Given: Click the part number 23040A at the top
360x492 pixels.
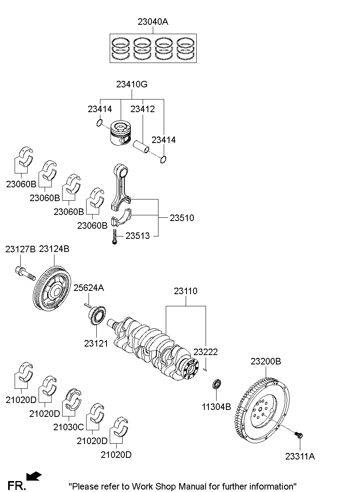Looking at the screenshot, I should click(x=152, y=22).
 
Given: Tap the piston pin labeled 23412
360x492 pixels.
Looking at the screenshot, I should click(x=142, y=147).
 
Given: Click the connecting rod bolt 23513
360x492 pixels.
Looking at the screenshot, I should click(x=115, y=237).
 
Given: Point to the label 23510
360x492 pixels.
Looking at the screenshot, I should click(x=182, y=218).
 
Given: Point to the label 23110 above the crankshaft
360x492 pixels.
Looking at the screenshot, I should click(x=186, y=291).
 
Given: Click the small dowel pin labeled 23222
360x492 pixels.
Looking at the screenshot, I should click(x=206, y=369).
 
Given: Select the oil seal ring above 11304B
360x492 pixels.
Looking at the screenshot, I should click(x=217, y=384).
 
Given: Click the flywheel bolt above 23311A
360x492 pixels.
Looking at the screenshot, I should click(x=299, y=435).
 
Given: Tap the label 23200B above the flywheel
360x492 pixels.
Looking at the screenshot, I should click(x=265, y=361).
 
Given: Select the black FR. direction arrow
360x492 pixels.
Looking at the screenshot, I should click(x=34, y=476).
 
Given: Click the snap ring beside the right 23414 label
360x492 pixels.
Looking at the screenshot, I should click(x=163, y=160).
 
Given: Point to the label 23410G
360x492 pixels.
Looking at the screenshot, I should click(x=132, y=85).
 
